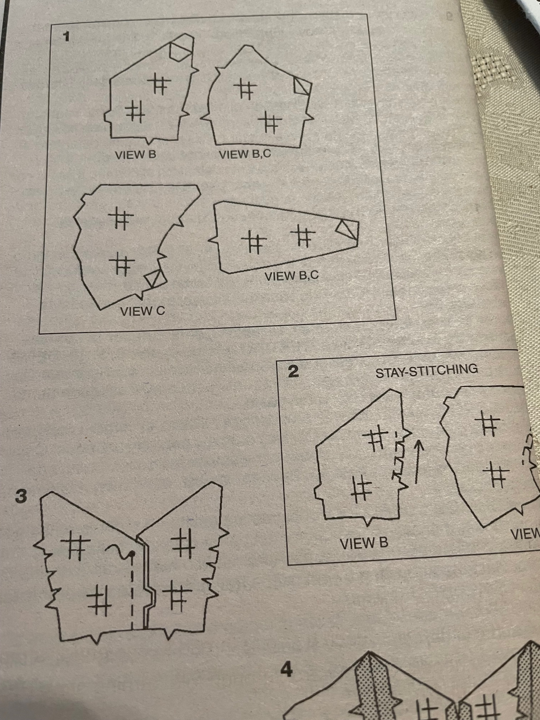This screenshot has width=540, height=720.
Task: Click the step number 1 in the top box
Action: click(65, 37)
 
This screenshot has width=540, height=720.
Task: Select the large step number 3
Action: click(21, 497)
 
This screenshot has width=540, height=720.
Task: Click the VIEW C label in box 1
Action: click(142, 311)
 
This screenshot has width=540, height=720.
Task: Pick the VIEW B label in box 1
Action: click(135, 155)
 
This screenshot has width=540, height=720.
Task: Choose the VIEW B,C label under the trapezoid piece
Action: click(291, 276)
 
